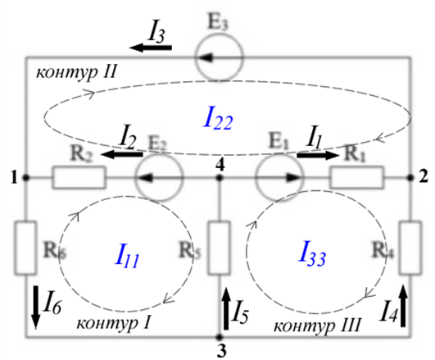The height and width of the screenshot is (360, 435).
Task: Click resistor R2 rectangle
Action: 79,177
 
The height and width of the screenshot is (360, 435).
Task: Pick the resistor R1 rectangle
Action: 357,177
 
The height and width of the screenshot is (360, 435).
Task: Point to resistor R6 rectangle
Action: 25,248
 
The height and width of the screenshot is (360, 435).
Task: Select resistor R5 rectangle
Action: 220,248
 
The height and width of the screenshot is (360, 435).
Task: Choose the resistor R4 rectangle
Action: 410,248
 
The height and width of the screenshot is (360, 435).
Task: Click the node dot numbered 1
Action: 25,177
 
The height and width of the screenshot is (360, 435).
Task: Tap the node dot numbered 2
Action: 410,177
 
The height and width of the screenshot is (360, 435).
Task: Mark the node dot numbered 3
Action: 220,337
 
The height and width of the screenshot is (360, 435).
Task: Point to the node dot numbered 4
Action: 220,177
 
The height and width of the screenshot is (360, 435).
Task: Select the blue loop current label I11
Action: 127,257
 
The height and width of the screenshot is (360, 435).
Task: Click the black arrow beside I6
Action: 36,308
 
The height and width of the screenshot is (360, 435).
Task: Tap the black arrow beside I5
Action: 226,308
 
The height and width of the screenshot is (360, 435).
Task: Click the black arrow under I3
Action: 151,48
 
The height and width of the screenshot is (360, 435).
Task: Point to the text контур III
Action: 317,326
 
